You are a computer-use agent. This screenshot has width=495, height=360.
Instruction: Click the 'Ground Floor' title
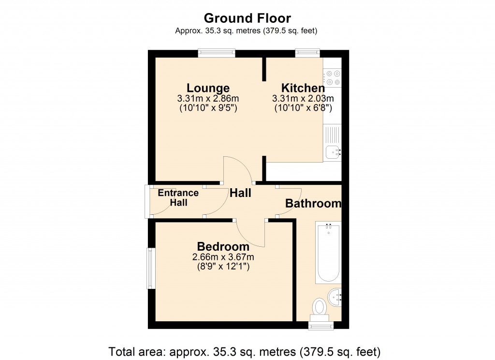click(247, 18)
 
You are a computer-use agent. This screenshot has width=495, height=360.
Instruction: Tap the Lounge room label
click(208, 88)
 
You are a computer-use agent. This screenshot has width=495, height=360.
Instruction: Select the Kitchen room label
click(303, 88)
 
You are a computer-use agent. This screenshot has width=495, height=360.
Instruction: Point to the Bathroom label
click(313, 204)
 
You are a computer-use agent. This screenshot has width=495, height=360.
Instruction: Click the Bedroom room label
click(223, 247)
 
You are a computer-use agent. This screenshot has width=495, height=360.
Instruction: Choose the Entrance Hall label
click(178, 198)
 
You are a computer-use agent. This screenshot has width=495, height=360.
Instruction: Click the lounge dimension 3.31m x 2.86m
click(208, 99)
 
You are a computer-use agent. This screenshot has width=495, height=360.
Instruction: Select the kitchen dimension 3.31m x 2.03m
click(303, 99)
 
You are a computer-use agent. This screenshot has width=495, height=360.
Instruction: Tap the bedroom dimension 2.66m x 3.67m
click(223, 257)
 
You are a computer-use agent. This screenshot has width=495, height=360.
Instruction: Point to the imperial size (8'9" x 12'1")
click(223, 266)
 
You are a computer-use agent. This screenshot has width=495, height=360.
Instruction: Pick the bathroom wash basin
click(335, 295)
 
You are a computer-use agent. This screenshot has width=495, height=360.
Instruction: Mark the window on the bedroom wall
click(151, 269)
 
